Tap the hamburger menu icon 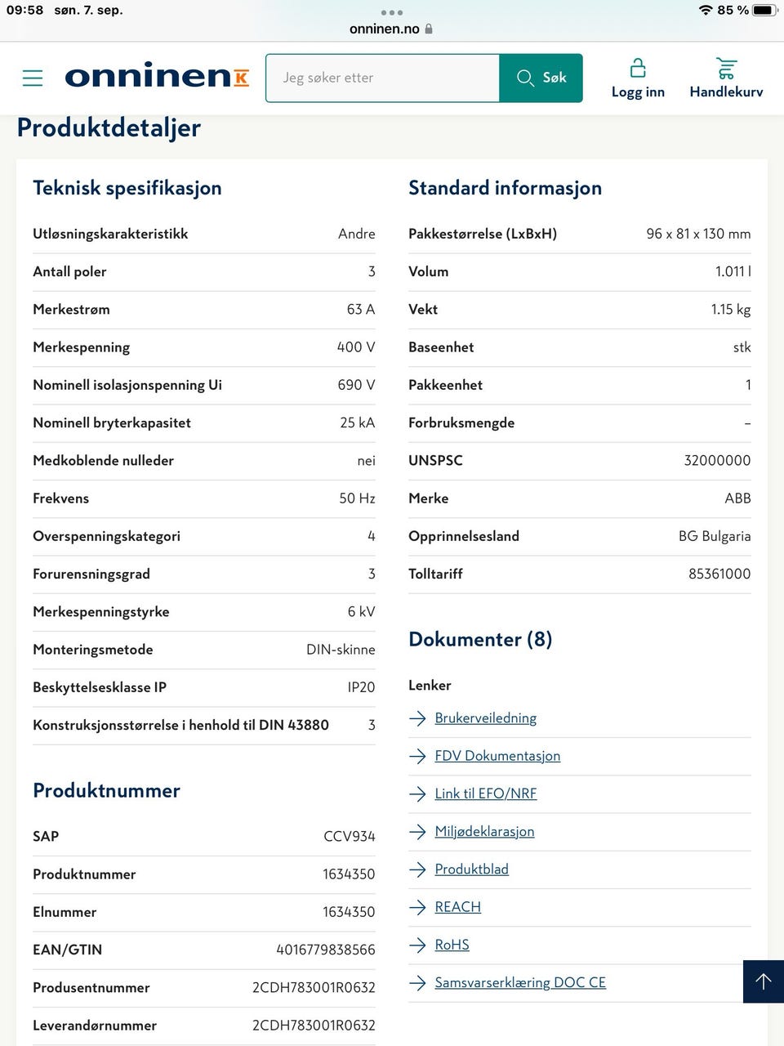pyautogui.click(x=33, y=78)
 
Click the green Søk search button pyautogui.click(x=541, y=78)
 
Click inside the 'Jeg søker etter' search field pyautogui.click(x=382, y=78)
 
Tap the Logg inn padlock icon pyautogui.click(x=638, y=68)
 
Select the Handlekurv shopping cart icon pyautogui.click(x=726, y=68)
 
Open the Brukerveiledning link pyautogui.click(x=485, y=718)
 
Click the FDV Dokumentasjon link pyautogui.click(x=497, y=756)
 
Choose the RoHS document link pyautogui.click(x=452, y=945)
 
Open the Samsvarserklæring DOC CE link pyautogui.click(x=520, y=982)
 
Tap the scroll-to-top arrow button pyautogui.click(x=764, y=981)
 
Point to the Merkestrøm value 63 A pyautogui.click(x=360, y=309)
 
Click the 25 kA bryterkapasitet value pyautogui.click(x=357, y=422)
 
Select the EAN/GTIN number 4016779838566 pyautogui.click(x=325, y=950)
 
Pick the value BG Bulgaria pyautogui.click(x=714, y=536)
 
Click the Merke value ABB pyautogui.click(x=737, y=498)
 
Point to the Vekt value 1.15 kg pyautogui.click(x=730, y=309)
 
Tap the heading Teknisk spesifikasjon pyautogui.click(x=127, y=188)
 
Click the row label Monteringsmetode pyautogui.click(x=93, y=650)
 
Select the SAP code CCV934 pyautogui.click(x=349, y=836)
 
